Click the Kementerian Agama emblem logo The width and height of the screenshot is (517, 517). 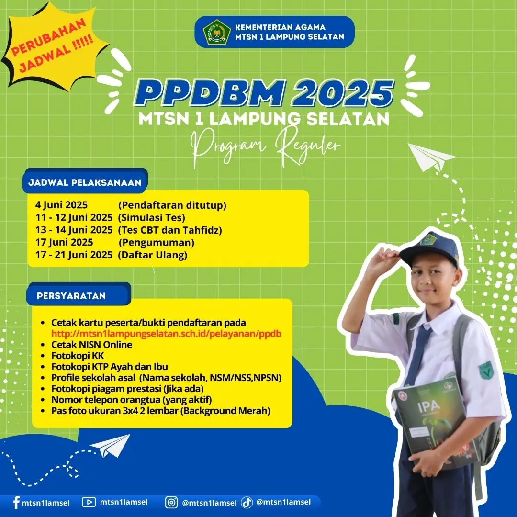[x=217, y=32]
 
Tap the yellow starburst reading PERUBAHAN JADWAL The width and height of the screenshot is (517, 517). [x=53, y=46]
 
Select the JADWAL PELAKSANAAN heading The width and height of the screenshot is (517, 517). [x=85, y=182]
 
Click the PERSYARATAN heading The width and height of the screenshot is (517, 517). [x=71, y=296]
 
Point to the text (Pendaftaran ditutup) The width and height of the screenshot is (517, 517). [x=172, y=205]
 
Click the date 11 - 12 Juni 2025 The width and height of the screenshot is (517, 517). [x=74, y=218]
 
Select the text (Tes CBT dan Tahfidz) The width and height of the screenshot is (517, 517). [x=170, y=230]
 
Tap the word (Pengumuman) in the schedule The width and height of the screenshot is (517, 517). [x=157, y=243]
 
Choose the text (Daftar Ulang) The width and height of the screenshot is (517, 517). [x=152, y=255]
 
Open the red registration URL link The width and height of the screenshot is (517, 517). [x=166, y=334]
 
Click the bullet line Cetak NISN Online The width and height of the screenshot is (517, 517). [x=91, y=345]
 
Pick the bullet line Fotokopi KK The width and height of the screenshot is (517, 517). [x=78, y=356]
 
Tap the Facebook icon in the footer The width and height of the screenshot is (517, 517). [x=16, y=503]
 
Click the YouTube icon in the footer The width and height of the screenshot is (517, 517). [x=89, y=502]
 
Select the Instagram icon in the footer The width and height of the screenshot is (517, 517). [x=171, y=503]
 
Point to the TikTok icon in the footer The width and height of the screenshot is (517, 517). [x=247, y=502]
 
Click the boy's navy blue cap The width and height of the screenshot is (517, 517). [x=430, y=248]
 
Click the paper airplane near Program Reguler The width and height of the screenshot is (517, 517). [x=431, y=157]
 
